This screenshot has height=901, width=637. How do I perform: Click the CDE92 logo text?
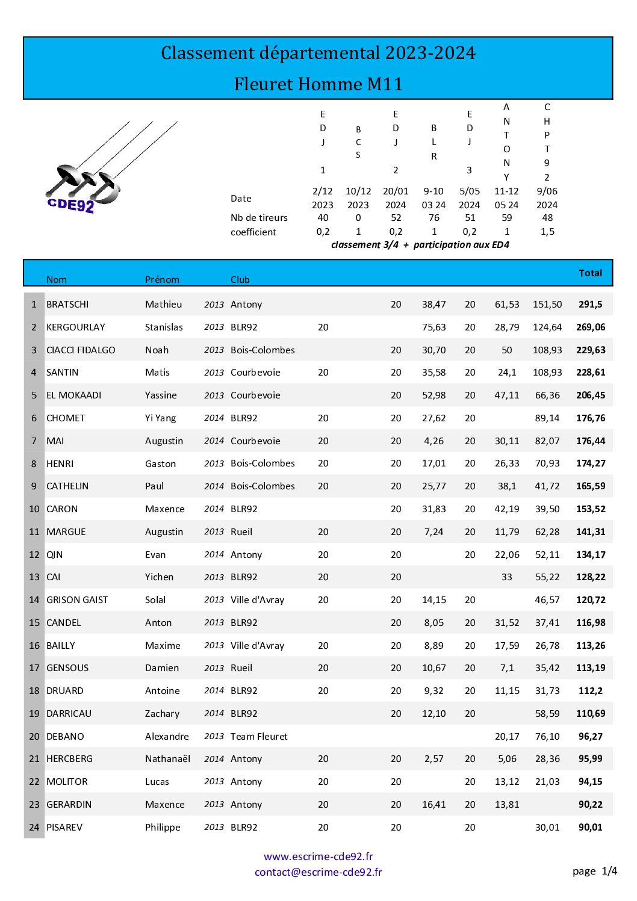point(70,205)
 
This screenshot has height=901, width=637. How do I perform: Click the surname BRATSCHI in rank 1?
point(67,305)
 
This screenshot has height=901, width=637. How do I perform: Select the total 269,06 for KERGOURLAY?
point(591,327)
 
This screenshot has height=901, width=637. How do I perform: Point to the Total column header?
point(590,273)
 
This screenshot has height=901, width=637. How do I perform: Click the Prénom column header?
point(162,280)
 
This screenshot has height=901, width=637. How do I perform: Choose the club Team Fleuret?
point(259,737)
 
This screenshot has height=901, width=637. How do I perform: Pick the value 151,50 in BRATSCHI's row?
point(547,305)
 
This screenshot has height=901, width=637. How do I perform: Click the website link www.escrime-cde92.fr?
point(318,856)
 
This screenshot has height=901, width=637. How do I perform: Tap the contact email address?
point(318,872)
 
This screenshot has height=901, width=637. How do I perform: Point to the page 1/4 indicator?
point(594,871)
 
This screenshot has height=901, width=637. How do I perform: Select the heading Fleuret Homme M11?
point(318,84)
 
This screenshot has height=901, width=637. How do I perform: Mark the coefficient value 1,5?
point(547,232)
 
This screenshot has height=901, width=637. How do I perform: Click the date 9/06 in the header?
point(547,191)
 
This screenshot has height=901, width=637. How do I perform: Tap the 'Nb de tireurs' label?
point(259,218)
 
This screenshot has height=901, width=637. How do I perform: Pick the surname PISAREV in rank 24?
point(64,828)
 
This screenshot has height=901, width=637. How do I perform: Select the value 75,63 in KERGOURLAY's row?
point(433,327)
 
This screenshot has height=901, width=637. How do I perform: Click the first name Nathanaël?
point(167,759)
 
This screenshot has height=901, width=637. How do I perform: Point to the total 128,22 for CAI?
point(591,577)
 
